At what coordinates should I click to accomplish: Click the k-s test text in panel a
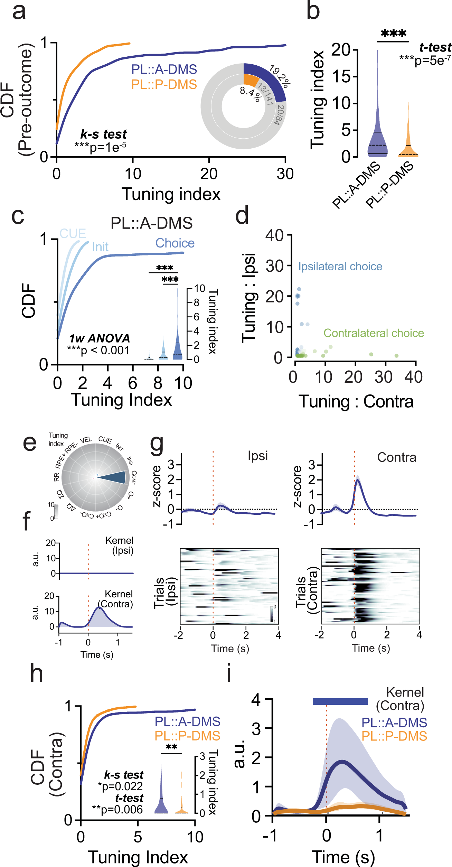(x=103, y=134)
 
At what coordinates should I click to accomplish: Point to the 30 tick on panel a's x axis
(x=285, y=174)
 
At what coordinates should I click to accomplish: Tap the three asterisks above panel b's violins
(x=393, y=34)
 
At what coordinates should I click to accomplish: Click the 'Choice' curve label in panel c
(x=175, y=243)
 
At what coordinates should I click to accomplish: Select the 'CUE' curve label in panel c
(x=73, y=234)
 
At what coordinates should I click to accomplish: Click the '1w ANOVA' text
(x=99, y=338)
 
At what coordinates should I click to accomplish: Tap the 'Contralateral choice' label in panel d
(x=374, y=333)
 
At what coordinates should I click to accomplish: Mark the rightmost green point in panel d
(x=396, y=356)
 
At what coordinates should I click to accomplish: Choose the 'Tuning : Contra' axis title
(x=356, y=402)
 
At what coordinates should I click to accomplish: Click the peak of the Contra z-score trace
(x=358, y=480)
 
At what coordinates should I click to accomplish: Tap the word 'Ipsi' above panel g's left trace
(x=257, y=456)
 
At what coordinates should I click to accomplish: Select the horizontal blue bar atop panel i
(x=340, y=701)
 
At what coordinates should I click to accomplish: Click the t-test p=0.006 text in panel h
(x=117, y=810)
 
